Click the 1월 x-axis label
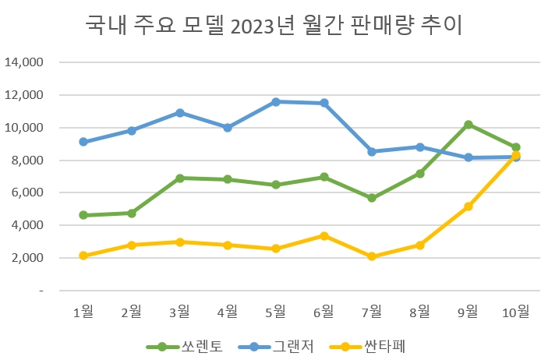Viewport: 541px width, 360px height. [83, 312]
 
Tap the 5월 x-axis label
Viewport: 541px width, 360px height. [276, 312]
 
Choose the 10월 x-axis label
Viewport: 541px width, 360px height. [515, 312]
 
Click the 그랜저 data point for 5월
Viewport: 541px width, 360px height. [276, 101]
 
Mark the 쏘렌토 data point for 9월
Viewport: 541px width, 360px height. [468, 125]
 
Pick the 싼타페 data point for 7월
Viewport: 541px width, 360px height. [372, 256]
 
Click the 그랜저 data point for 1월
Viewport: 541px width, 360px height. [83, 142]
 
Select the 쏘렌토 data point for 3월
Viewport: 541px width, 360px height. [179, 178]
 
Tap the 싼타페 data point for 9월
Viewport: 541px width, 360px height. [468, 206]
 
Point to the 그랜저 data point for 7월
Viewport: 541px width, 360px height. [372, 151]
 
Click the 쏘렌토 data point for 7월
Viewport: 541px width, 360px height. [372, 198]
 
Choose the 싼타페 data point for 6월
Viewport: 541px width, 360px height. [324, 235]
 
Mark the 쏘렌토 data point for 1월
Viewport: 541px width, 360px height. [83, 215]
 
